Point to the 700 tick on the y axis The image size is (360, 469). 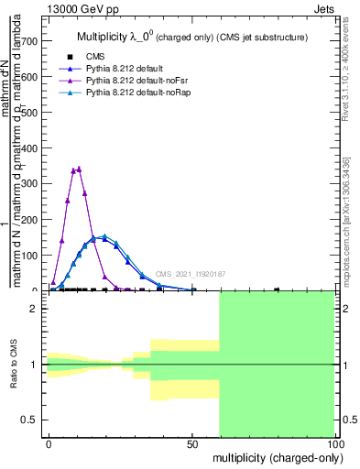tap(28, 41)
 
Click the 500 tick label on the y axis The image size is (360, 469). tap(28, 113)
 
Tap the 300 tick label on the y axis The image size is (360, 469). tap(28, 183)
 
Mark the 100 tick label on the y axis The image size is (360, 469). tap(28, 255)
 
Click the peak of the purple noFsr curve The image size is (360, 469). tap(79, 169)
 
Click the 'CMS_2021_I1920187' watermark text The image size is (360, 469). tap(190, 274)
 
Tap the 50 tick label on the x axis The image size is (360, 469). tap(191, 442)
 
